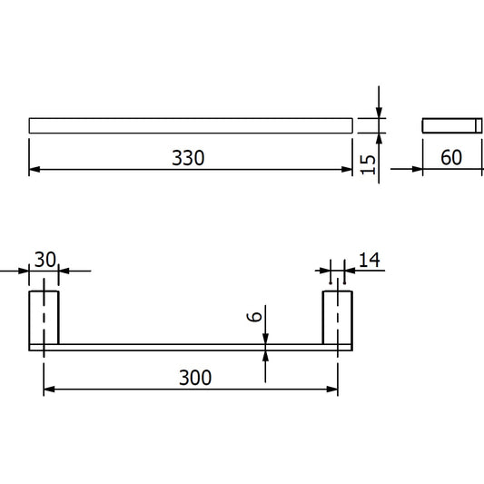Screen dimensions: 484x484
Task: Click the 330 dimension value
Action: (189, 157)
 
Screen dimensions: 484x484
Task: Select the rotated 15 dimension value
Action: (367, 164)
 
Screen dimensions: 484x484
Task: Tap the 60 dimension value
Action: (450, 157)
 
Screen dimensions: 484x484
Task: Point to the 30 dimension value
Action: (45, 260)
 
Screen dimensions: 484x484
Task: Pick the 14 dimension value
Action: (369, 261)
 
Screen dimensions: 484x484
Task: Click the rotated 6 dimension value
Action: (256, 319)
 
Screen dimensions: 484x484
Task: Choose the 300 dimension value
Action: (194, 377)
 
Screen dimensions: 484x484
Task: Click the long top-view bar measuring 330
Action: (190, 125)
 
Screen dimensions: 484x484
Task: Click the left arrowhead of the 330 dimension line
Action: (35, 169)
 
